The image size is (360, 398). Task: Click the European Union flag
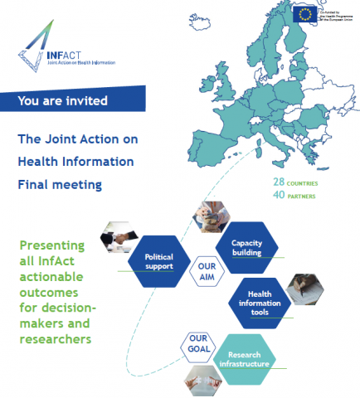coord(304,13)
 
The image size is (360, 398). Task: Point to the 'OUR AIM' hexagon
coord(207,273)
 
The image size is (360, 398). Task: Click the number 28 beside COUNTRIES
coord(282,180)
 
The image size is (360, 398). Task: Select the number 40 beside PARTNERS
coord(282,196)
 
